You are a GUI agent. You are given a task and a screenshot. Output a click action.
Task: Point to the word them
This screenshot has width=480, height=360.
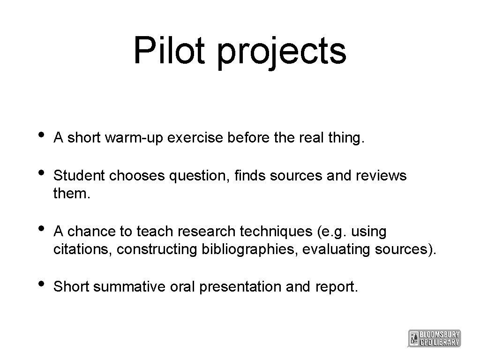pos(71,193)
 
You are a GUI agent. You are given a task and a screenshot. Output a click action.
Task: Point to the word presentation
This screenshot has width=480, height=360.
pos(240,287)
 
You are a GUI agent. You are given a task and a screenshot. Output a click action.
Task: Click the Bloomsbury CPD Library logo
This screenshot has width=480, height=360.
pos(435,338)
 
